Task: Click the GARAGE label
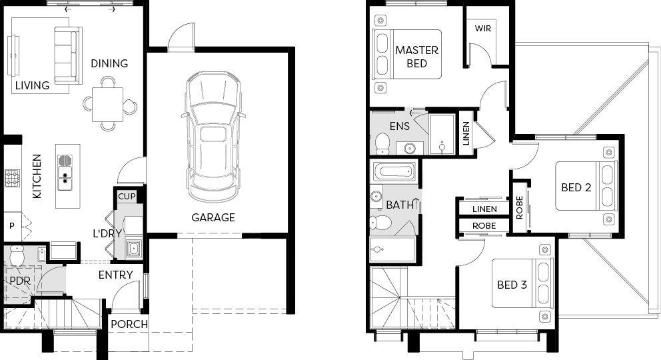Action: [x=213, y=217]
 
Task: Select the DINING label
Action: [x=109, y=63]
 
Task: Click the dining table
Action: [x=108, y=104]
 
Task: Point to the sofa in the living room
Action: [x=68, y=55]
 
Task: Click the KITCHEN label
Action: [x=37, y=176]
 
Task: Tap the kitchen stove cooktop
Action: [x=12, y=178]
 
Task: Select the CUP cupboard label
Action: [x=127, y=196]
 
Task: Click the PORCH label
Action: [x=129, y=324]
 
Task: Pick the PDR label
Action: [x=20, y=280]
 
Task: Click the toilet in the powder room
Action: [x=17, y=255]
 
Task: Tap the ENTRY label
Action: [x=115, y=275]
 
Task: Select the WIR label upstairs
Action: [x=482, y=28]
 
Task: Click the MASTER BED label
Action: [x=416, y=57]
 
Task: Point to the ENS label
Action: [x=399, y=125]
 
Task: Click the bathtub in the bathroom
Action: [x=393, y=171]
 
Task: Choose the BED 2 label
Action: [x=576, y=187]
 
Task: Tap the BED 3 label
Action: [x=512, y=285]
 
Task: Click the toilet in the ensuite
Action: [x=382, y=143]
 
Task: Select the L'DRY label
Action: [x=107, y=233]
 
